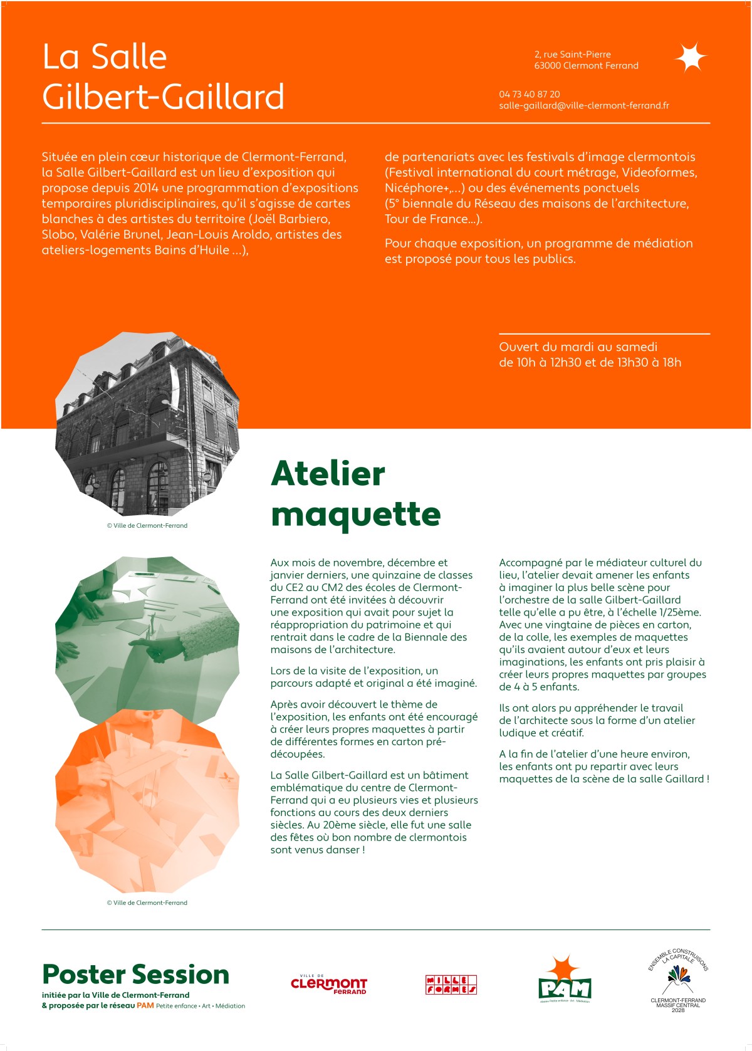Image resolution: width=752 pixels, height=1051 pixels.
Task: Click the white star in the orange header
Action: click(x=691, y=58)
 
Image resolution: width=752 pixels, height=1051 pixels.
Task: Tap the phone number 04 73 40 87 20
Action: click(x=530, y=94)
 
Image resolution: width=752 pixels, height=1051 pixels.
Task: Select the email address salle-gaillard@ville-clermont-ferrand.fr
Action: click(x=583, y=105)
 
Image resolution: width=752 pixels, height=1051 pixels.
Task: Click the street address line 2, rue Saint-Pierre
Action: click(x=572, y=55)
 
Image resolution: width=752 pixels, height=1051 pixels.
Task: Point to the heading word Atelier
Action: click(x=328, y=473)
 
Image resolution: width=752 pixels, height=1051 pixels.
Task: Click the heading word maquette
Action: click(x=356, y=515)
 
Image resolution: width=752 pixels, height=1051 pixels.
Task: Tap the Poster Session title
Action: click(x=135, y=975)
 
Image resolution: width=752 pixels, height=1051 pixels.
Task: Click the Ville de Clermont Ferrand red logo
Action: click(x=328, y=985)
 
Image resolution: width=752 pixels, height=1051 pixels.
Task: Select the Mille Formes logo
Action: click(x=451, y=985)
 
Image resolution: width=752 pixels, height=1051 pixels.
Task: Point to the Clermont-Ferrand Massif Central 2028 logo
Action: click(x=678, y=981)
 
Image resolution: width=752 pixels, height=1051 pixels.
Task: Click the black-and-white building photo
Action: click(x=147, y=423)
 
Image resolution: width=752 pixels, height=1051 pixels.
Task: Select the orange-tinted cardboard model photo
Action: click(x=147, y=808)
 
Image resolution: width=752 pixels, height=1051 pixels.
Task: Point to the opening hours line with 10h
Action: click(x=589, y=362)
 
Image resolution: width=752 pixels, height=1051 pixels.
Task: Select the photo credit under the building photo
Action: click(x=147, y=526)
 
